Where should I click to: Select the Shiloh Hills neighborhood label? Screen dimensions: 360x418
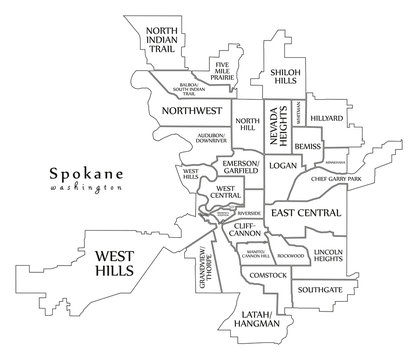[282, 79]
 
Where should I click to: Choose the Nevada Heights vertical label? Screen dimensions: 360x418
[277, 125]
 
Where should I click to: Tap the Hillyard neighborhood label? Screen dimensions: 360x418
[327, 118]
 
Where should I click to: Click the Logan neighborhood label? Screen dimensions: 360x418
[283, 164]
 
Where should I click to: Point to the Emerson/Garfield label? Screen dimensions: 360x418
[241, 166]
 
